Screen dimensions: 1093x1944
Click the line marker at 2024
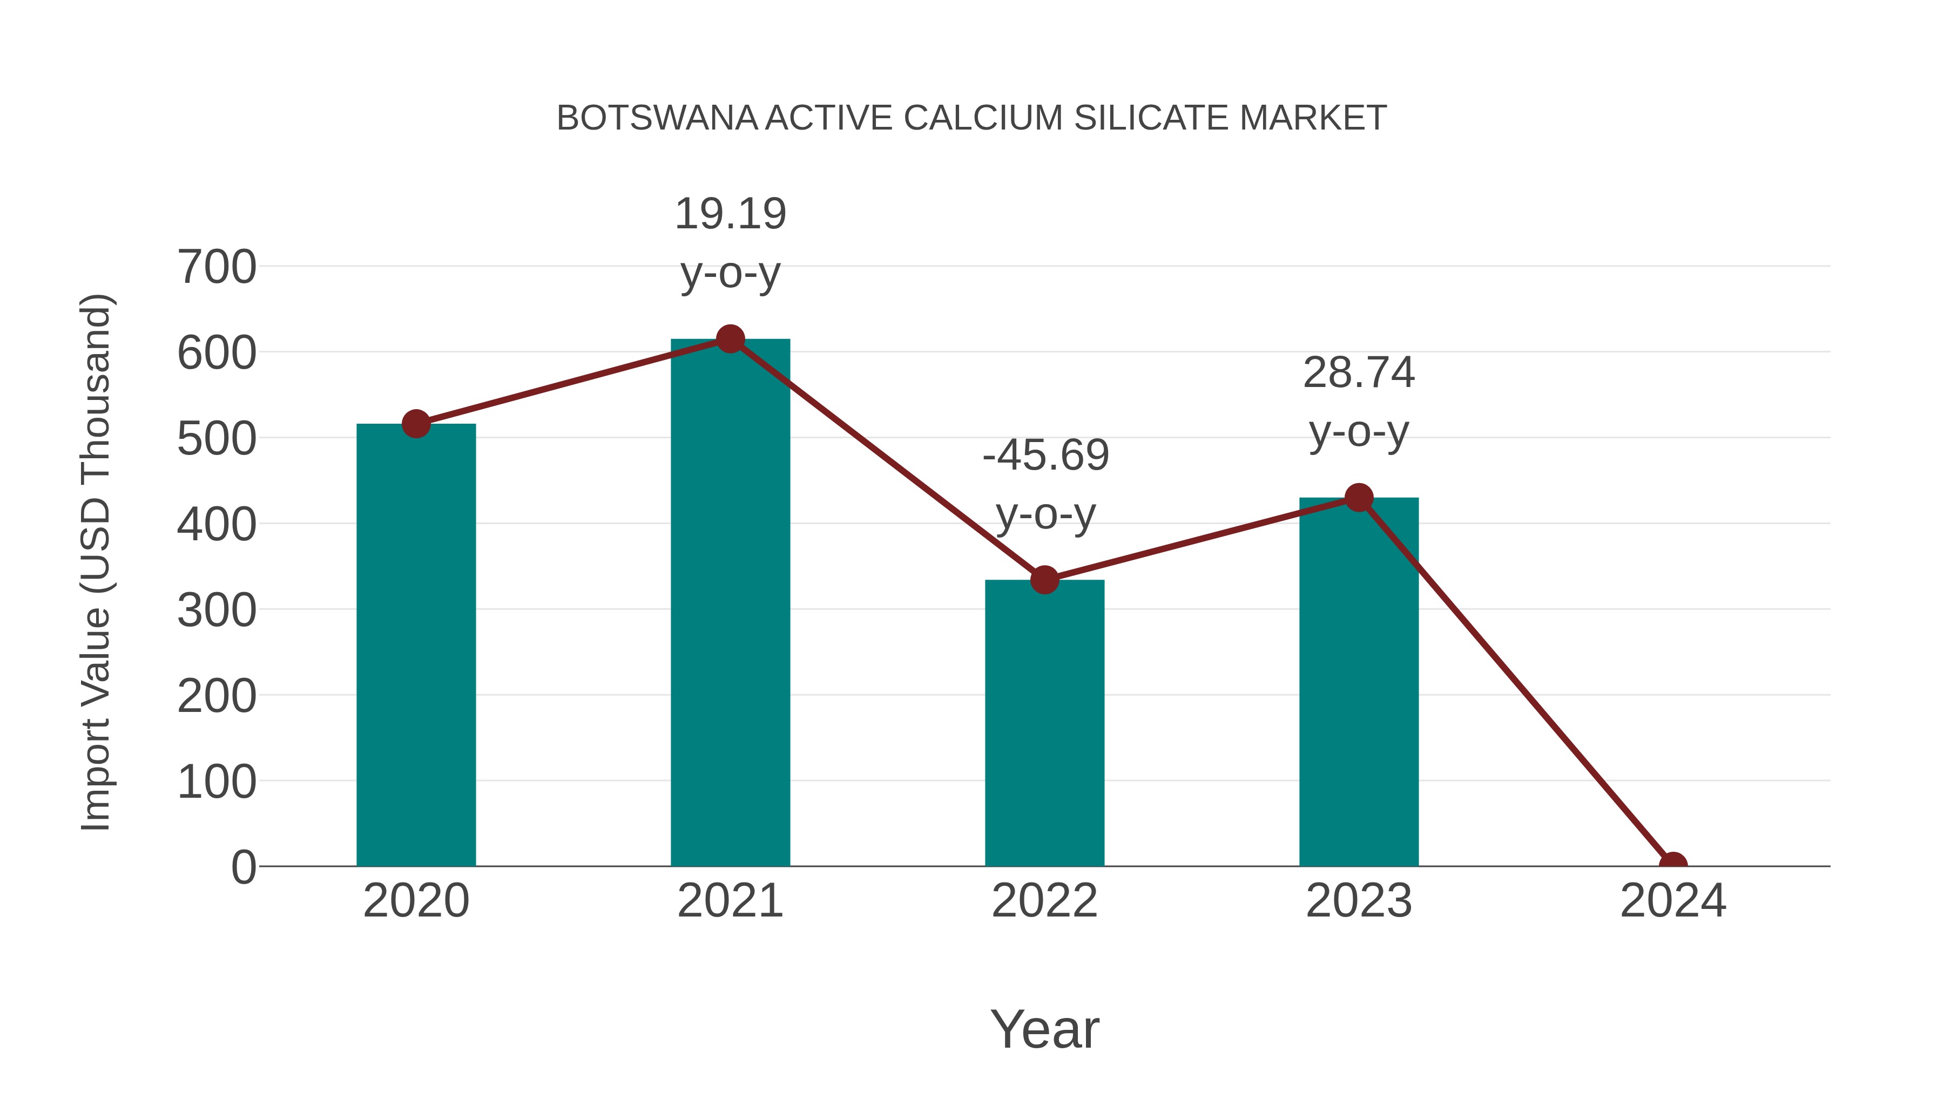[1673, 865]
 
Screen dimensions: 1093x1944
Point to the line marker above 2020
[416, 424]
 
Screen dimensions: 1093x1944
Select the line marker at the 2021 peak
[730, 340]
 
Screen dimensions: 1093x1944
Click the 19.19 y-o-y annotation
[730, 243]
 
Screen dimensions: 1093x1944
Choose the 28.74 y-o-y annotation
[1359, 402]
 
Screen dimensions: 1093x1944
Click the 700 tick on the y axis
[217, 267]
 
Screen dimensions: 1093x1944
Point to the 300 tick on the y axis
[217, 610]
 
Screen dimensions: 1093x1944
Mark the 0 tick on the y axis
[243, 867]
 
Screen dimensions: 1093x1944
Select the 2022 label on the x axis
[1044, 901]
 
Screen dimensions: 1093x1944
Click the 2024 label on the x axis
[1673, 901]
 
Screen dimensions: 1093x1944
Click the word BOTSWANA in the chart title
[657, 118]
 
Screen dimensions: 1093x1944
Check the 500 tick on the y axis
[217, 439]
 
